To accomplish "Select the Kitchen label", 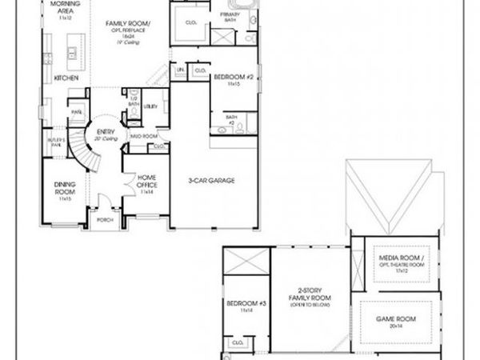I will click(x=65, y=78).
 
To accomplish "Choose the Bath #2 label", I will click(x=231, y=119).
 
